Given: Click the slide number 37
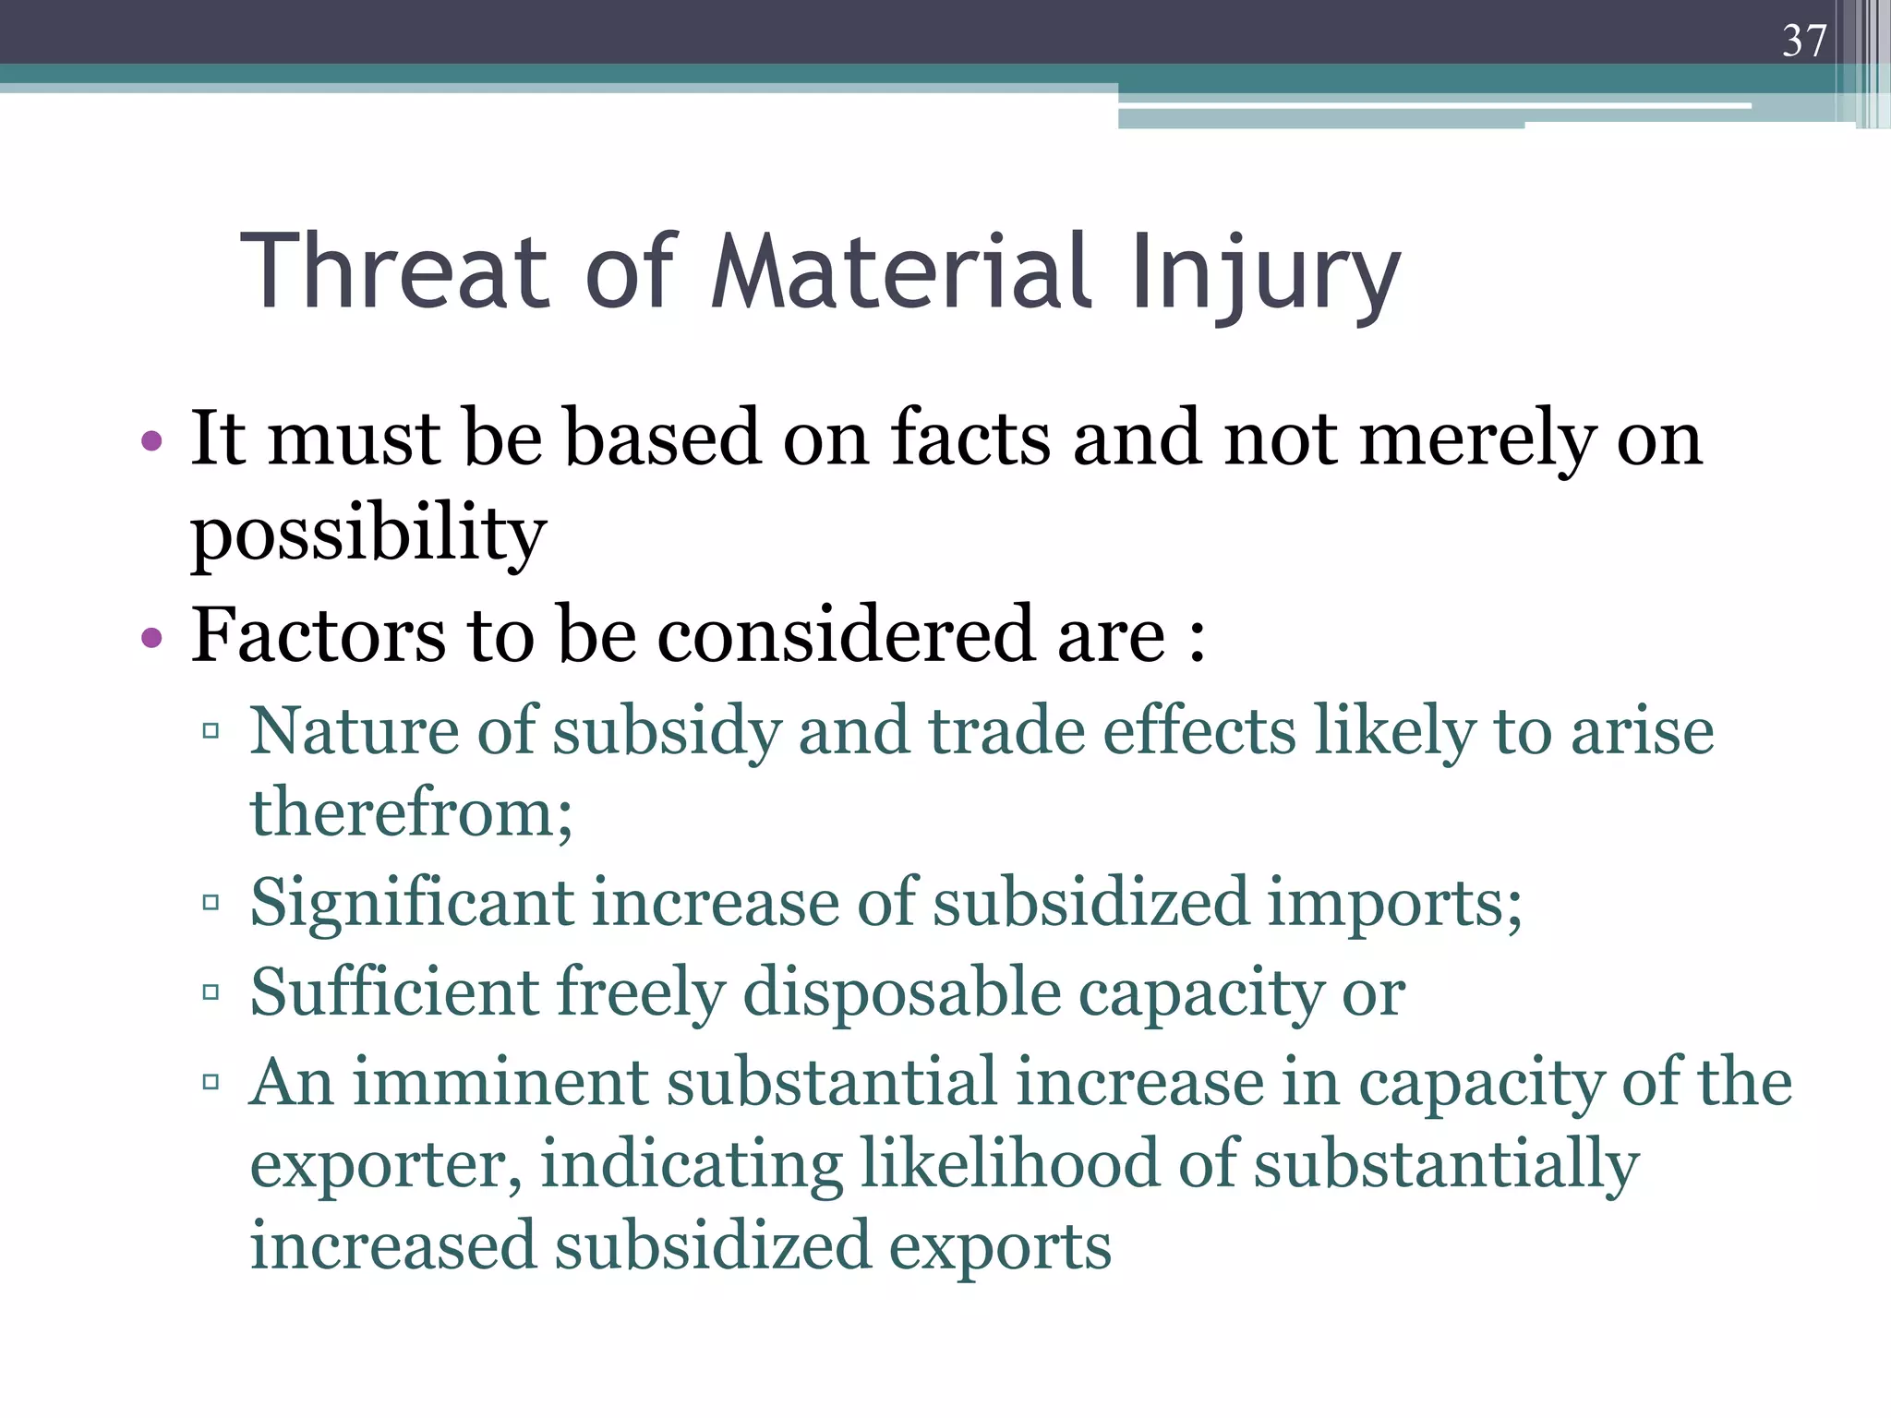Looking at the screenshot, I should (x=1804, y=41).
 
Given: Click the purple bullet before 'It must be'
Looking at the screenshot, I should (x=152, y=441).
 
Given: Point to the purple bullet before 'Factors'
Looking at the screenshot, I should (x=152, y=637).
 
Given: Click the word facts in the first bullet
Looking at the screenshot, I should (x=970, y=438).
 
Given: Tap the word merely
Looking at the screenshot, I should (x=1477, y=439).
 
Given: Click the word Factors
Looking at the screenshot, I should (x=319, y=634).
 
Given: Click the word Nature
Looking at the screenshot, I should (x=354, y=730).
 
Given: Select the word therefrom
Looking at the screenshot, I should (x=411, y=812).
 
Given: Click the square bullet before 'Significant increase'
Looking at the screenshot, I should (x=211, y=902).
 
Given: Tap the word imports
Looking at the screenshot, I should (x=1393, y=903).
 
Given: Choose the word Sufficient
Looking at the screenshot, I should (x=394, y=991).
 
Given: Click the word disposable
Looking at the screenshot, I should (x=902, y=993).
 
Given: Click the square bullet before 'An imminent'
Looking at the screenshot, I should (x=211, y=1081).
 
